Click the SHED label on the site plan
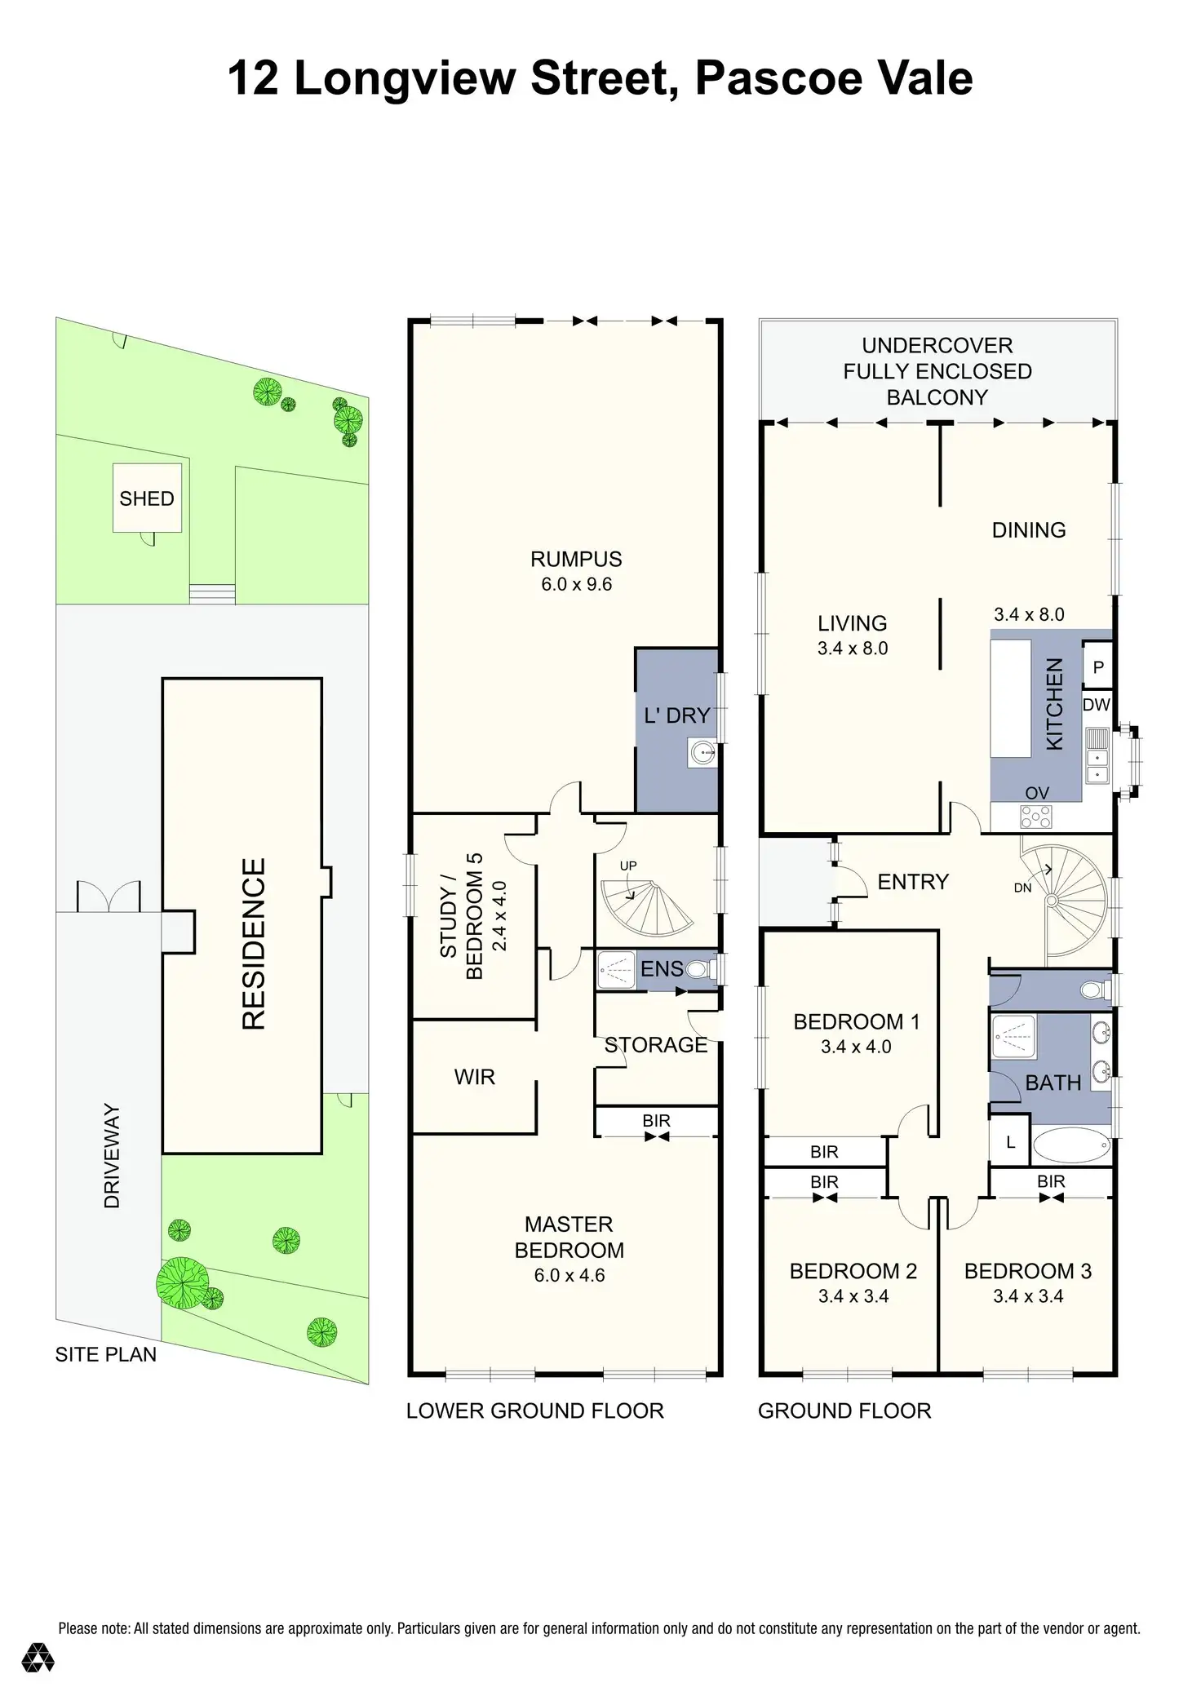point(147,498)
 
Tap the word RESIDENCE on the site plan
point(254,944)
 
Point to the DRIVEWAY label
point(112,1156)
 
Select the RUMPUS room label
point(576,560)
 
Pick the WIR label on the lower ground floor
point(474,1077)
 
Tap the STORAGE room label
point(655,1045)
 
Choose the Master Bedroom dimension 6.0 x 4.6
point(569,1275)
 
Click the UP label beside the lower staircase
point(628,866)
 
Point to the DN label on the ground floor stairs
point(1022,888)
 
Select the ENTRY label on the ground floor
point(913,882)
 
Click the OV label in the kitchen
point(1037,793)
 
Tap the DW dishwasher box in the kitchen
point(1097,704)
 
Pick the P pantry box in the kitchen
point(1098,667)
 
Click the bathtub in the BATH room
point(1071,1146)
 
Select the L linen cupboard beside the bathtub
point(1010,1143)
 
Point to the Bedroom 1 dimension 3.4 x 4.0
point(856,1047)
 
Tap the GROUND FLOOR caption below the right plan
point(844,1410)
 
